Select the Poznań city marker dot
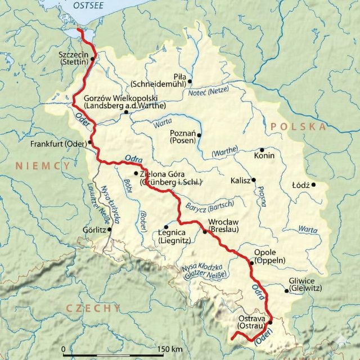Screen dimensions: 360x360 [199, 135]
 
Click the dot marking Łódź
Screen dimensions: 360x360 [314, 184]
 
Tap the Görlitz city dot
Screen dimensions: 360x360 [110, 229]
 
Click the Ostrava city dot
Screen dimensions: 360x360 [271, 322]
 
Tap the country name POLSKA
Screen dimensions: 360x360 [298, 127]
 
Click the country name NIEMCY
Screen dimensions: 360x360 [43, 165]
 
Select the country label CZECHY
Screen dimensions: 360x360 [93, 308]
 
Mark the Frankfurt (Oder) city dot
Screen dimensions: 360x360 [90, 142]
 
